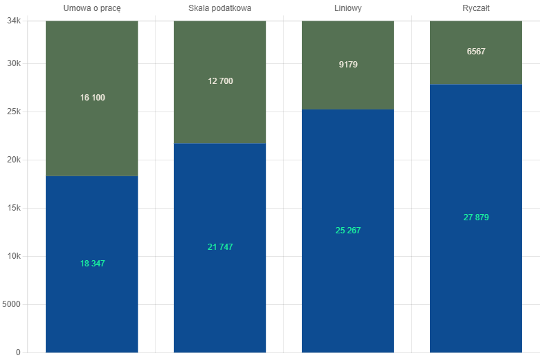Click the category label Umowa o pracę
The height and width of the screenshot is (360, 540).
(x=92, y=9)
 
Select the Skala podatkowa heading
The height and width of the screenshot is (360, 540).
(x=219, y=8)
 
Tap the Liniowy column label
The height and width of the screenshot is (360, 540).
(x=348, y=9)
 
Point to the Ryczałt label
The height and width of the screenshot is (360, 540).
(x=476, y=9)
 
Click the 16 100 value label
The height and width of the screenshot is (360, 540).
(x=92, y=98)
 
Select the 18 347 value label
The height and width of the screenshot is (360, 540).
(x=92, y=264)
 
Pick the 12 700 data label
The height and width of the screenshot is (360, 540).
(x=220, y=81)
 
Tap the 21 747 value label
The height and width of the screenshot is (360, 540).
(x=220, y=247)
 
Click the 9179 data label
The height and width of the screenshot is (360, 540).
(x=348, y=65)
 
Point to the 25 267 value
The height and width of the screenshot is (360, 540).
(x=348, y=231)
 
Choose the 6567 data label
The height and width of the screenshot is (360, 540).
(x=476, y=52)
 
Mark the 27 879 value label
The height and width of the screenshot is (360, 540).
(x=476, y=218)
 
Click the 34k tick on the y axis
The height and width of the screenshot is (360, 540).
(x=14, y=21)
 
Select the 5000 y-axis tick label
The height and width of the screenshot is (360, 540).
(x=11, y=304)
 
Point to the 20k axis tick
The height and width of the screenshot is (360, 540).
(x=14, y=160)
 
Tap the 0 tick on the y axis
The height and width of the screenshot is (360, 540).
(x=19, y=352)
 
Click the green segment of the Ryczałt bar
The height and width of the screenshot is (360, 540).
(x=476, y=52)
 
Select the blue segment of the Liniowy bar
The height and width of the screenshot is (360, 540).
(x=348, y=231)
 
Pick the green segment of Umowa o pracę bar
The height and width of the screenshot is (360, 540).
(x=92, y=98)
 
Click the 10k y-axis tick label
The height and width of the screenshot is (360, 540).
(x=14, y=256)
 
